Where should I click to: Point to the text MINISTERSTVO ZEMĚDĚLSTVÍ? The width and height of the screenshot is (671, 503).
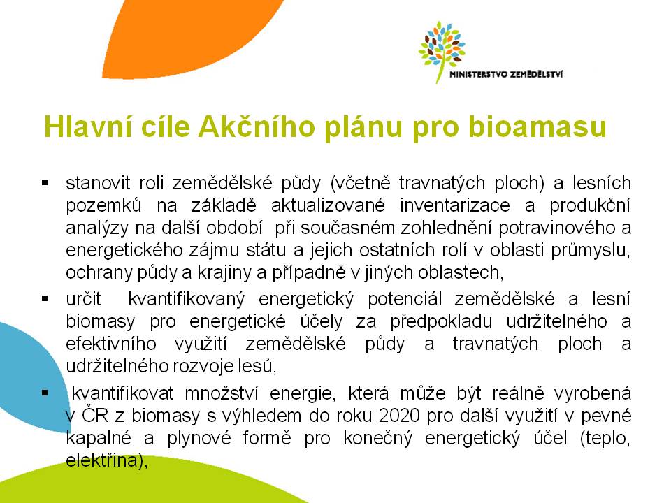(506, 74)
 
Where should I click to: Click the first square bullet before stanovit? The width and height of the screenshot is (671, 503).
(45, 183)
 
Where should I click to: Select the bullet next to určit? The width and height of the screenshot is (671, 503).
(45, 298)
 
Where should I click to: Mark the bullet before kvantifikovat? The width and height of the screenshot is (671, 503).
(45, 393)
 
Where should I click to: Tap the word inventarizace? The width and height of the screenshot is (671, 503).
(455, 205)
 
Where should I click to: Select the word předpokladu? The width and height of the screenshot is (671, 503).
(441, 321)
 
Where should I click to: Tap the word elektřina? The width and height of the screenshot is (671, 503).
(104, 460)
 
